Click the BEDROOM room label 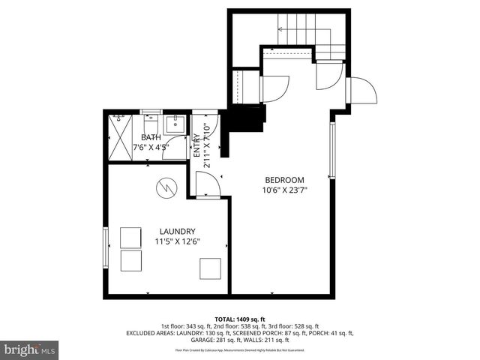click(x=284, y=180)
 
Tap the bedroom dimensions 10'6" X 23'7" click(x=284, y=190)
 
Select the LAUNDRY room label click(x=177, y=231)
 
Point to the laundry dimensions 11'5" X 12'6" click(x=177, y=241)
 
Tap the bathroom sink click(x=174, y=124)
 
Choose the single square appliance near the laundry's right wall click(x=210, y=268)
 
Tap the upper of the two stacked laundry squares click(x=131, y=237)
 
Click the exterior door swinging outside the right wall click(x=364, y=91)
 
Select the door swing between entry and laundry click(x=207, y=183)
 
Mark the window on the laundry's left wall click(x=106, y=248)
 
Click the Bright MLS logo click(x=30, y=349)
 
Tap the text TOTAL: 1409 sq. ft click(x=240, y=319)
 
